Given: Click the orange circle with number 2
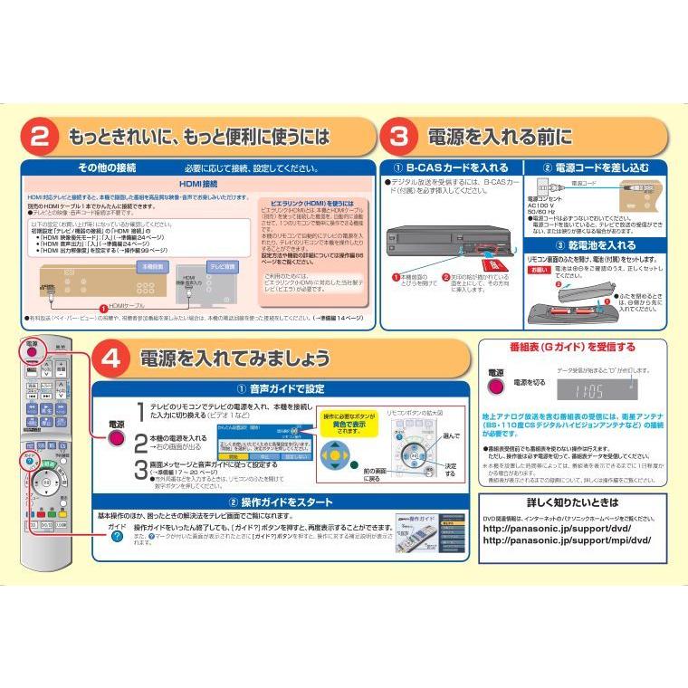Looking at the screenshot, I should [x=40, y=138].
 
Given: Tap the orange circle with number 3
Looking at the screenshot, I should [x=397, y=138].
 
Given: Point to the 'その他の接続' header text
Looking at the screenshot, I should [x=107, y=167].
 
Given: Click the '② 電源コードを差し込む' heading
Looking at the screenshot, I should [x=596, y=167].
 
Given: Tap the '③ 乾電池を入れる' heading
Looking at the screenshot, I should [x=596, y=244].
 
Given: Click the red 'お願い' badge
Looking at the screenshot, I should [x=539, y=269].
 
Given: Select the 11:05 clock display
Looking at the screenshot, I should [x=589, y=391].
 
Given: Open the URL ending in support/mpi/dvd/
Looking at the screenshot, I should [x=567, y=540].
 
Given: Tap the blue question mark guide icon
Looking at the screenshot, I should [x=117, y=537].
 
